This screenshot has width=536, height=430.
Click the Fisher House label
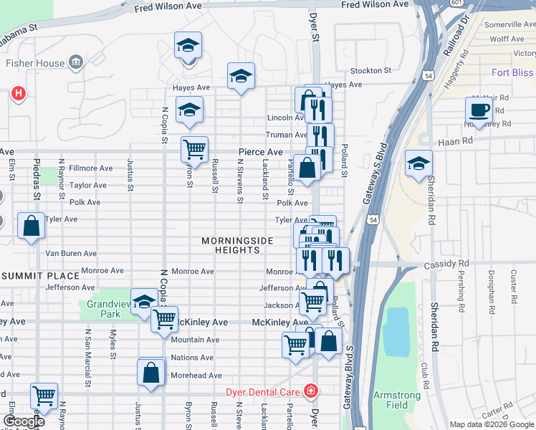[x=35, y=63]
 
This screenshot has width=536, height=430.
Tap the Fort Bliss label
[x=513, y=72]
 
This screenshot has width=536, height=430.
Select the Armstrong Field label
[x=391, y=400]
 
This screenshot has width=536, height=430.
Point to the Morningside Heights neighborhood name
[x=237, y=245]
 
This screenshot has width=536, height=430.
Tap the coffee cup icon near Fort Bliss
[x=479, y=110]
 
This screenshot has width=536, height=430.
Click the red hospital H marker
[x=18, y=93]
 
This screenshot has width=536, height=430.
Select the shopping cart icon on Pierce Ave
[x=194, y=149]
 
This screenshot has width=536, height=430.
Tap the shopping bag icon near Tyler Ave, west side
[x=32, y=226]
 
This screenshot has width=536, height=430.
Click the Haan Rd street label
[x=457, y=141]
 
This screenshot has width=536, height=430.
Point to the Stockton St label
[x=370, y=71]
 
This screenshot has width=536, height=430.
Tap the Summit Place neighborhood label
[x=40, y=276]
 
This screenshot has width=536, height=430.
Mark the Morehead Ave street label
[x=196, y=376]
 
